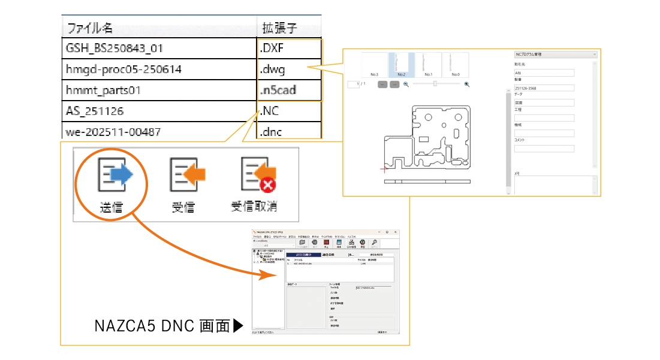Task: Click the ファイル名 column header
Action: pos(90,28)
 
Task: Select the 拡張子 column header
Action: pos(280,28)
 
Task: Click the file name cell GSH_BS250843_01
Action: pos(114,48)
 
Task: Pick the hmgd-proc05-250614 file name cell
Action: pos(124,69)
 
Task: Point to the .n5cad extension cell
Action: pos(278,90)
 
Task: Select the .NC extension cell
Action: pos(270,111)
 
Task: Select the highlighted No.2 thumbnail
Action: pos(402,65)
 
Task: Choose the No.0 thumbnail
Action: pos(455,65)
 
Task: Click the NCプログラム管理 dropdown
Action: pos(555,55)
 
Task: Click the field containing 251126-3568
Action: pos(544,88)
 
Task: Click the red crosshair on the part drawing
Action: pos(384,169)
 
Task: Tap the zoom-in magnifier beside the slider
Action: pos(467,84)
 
